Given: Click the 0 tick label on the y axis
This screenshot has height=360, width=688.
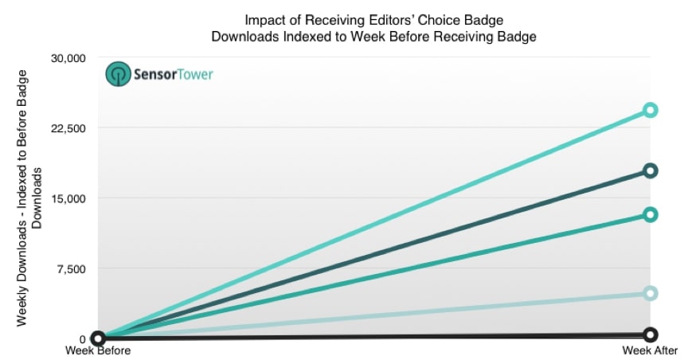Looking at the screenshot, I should click(81, 338).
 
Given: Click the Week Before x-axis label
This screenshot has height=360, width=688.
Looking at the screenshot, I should click(98, 350).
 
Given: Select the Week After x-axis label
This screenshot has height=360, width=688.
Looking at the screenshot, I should click(651, 350).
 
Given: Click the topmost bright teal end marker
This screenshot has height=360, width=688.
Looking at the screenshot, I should click(650, 110).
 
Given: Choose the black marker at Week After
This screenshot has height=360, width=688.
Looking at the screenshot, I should click(650, 335).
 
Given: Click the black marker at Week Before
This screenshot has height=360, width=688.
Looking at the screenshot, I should click(98, 338).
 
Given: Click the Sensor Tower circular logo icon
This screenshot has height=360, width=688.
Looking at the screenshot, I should click(118, 74).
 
